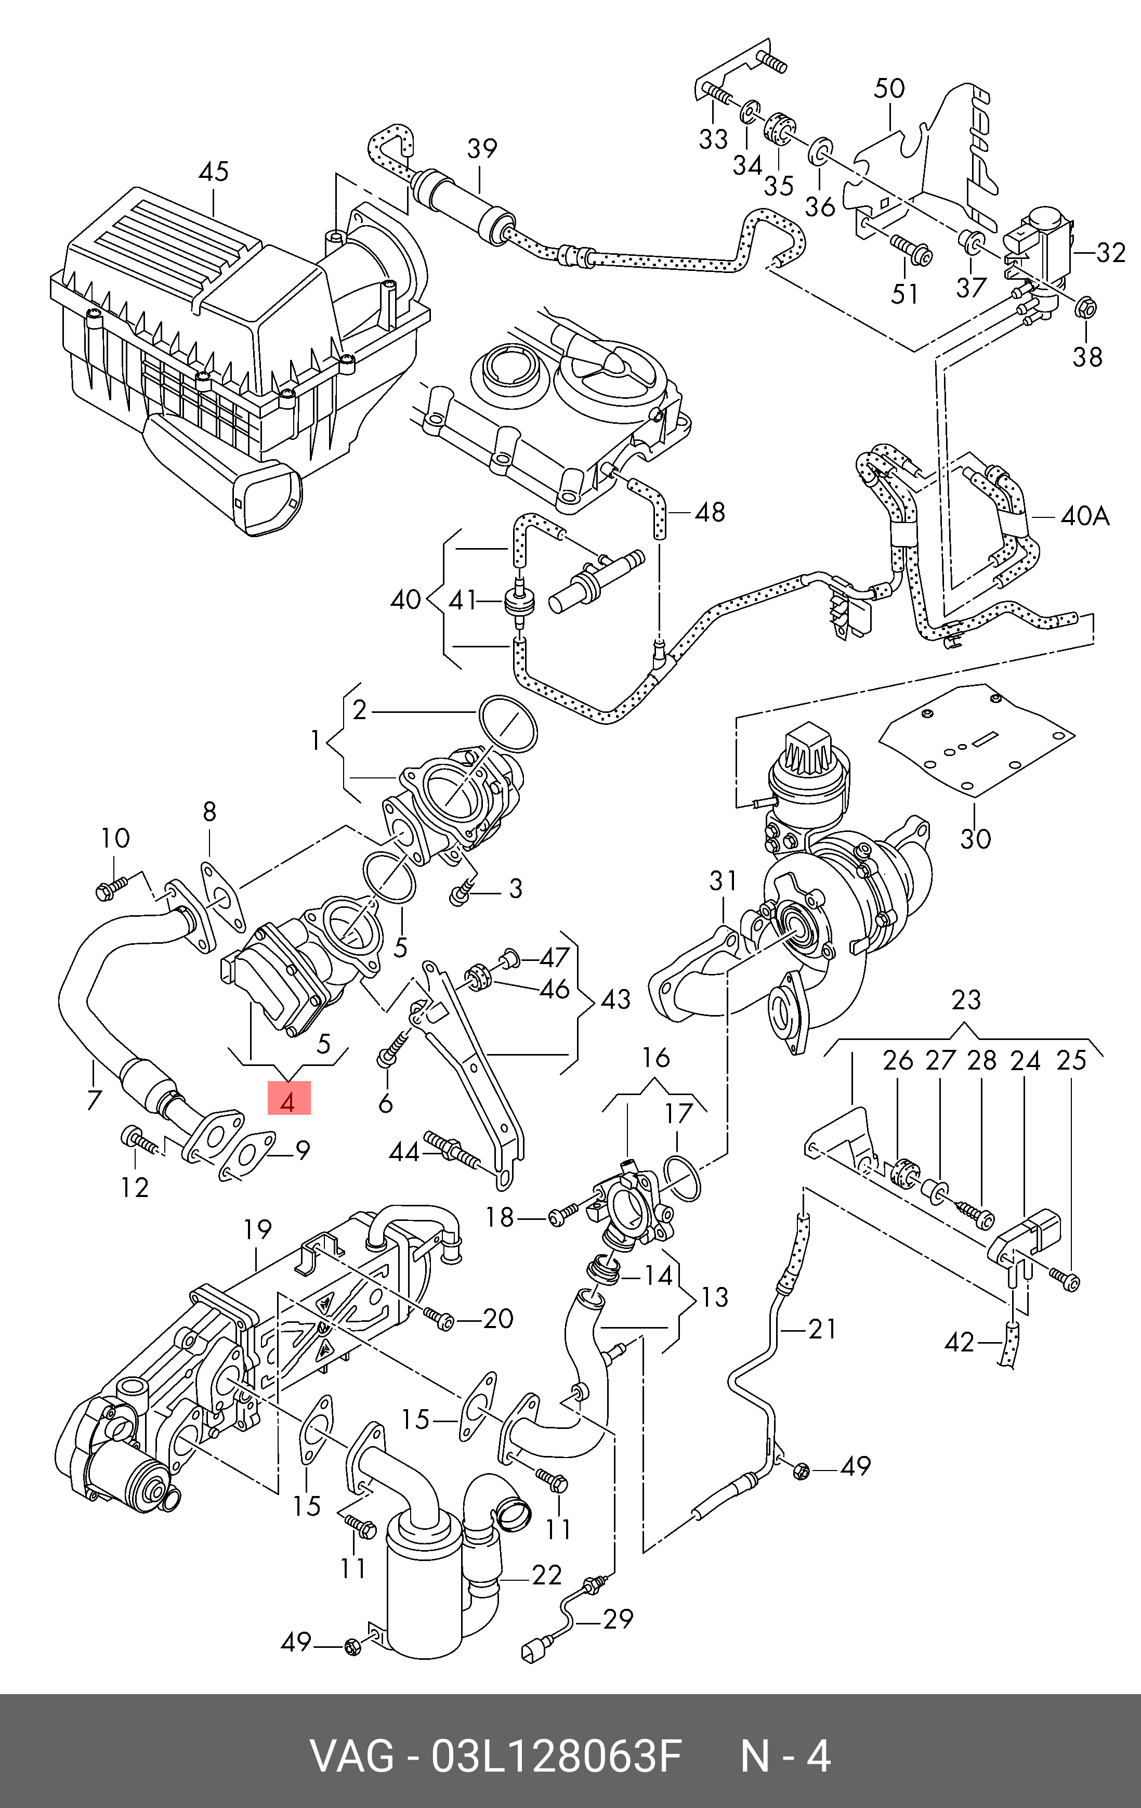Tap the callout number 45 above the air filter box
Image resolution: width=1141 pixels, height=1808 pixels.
(213, 172)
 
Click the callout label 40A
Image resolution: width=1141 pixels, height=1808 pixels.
(1085, 516)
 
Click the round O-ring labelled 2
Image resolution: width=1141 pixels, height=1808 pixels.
(508, 724)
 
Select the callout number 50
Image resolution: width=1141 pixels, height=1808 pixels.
(889, 88)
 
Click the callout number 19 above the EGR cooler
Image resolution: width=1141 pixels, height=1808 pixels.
(257, 1229)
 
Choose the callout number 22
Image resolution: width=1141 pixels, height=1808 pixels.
(546, 1575)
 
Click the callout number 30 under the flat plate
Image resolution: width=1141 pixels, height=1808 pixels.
(976, 838)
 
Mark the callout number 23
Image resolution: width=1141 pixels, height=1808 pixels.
(966, 999)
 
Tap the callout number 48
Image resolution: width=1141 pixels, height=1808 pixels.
(710, 512)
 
